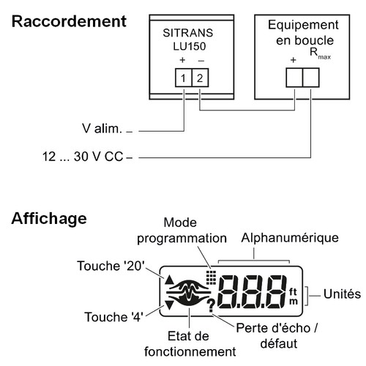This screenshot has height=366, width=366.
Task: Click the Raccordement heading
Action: pos(69,21)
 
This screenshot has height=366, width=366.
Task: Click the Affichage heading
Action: pos(49,219)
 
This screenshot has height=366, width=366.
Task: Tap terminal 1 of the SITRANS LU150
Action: pos(184,78)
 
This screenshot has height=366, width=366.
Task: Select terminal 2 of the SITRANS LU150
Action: pos(201,78)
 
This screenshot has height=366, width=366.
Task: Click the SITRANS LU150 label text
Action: pos(188,40)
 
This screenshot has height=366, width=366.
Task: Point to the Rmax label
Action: pos(320,53)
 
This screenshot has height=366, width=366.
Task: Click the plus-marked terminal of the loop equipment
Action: pos(294,78)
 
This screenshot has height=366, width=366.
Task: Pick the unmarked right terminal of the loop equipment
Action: pos(311,78)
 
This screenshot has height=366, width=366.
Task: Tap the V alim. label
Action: pos(102,128)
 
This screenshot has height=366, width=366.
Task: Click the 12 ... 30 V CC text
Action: pos(83,157)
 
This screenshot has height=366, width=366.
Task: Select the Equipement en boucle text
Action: pos(304,32)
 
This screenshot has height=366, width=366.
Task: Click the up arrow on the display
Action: pos(169,280)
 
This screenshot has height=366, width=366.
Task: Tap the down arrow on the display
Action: pos(169,305)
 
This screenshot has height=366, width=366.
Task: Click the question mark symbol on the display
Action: pos(211,306)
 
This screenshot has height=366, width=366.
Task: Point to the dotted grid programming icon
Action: pos(211,277)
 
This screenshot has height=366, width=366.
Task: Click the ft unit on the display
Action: pos(293,291)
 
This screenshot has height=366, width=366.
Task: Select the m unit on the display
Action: pos(294,302)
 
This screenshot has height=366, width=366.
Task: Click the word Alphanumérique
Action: pos(290,238)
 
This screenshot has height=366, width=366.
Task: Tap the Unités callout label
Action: pos(342,294)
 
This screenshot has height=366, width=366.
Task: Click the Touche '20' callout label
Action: pos(111,266)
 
